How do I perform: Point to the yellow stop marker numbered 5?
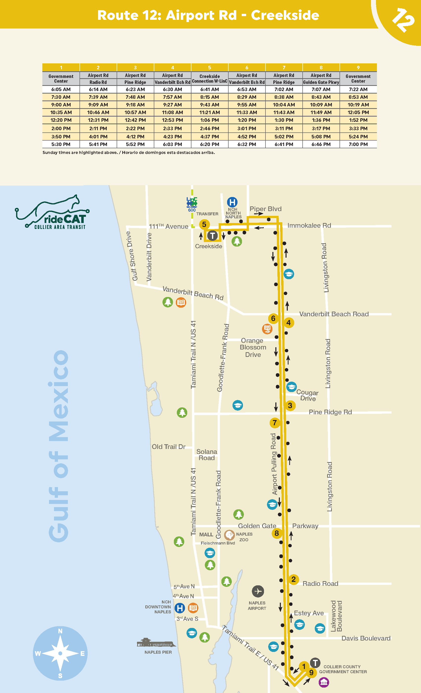pos(204,224)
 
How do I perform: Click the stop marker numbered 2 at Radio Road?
pos(293,579)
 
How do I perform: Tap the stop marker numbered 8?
pos(277,533)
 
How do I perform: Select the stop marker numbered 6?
pos(273,318)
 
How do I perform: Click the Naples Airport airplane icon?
pos(258,592)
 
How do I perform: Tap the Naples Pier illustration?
pos(156,643)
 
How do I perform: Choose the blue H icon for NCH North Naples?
pos(232,202)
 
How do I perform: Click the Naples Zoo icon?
pos(230,535)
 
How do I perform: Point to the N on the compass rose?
pos(60,631)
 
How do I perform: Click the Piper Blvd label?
pos(265,209)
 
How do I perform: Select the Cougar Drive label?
pos(307,396)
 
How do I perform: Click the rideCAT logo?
pos(52,212)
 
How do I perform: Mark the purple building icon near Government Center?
pos(324,682)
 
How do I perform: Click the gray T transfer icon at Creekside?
pos(212,236)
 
